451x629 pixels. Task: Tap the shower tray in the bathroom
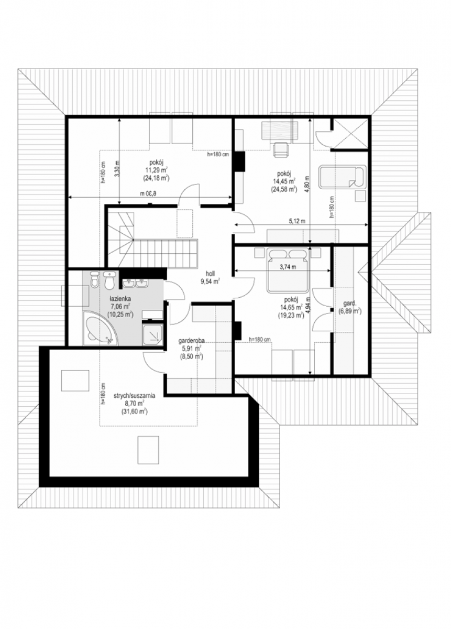pos(152,334)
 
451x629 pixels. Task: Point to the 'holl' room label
pos(210,273)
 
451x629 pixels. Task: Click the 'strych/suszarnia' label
pos(135,396)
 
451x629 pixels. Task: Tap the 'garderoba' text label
pos(191,341)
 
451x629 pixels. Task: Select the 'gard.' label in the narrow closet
pos(350,303)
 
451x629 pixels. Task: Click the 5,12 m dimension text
pos(297,221)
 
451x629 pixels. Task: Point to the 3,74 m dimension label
pos(288,267)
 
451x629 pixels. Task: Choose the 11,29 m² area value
pos(157,170)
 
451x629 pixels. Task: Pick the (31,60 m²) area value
pos(135,411)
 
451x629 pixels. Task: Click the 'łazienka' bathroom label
pos(120,298)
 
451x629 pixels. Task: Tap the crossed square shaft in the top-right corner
pos(350,134)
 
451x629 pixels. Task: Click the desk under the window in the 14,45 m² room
pos(280,131)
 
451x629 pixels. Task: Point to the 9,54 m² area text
pos(210,281)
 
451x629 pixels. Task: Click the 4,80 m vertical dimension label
pos(307,184)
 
